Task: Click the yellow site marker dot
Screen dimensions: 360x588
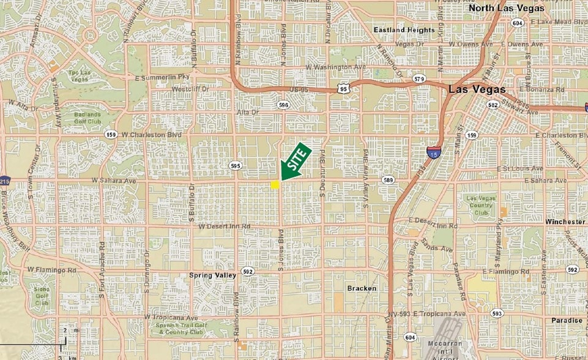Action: click(x=275, y=184)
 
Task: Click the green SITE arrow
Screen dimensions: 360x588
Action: click(x=296, y=162)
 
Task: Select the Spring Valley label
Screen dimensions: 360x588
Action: click(x=213, y=276)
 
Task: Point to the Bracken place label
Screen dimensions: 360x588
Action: click(x=362, y=288)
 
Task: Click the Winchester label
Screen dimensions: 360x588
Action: click(x=565, y=221)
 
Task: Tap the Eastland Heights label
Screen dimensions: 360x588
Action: click(x=404, y=29)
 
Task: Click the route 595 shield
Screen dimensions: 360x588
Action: click(x=236, y=165)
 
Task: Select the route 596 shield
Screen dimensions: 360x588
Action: click(x=283, y=105)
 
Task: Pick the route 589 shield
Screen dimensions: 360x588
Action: click(x=388, y=180)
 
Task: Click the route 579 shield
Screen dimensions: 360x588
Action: click(x=419, y=79)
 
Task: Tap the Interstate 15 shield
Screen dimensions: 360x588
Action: click(x=433, y=150)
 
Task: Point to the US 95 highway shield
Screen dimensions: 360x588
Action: click(x=344, y=89)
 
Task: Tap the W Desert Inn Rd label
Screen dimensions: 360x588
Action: click(x=225, y=227)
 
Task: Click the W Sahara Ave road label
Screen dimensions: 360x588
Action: click(x=113, y=181)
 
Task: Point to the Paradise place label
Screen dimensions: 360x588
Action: click(x=566, y=320)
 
